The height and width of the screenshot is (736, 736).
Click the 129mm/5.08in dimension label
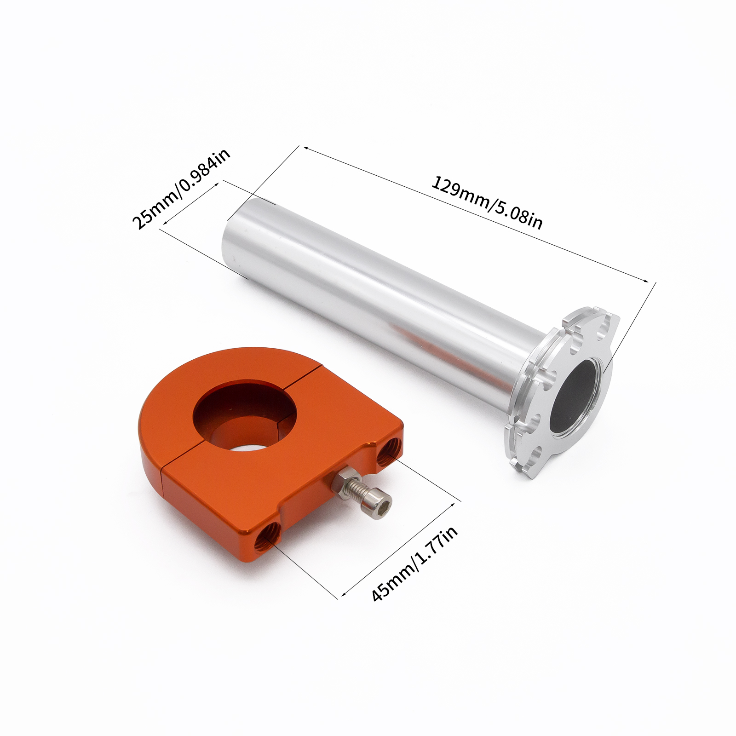(x=487, y=203)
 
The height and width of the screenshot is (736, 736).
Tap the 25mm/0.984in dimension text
(x=181, y=189)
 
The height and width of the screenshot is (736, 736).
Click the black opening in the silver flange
(x=575, y=398)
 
